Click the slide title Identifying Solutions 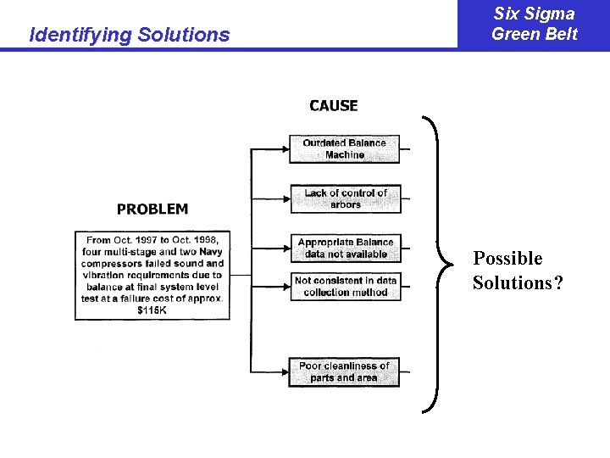click(129, 35)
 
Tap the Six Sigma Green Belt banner click(534, 24)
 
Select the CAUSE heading click(334, 106)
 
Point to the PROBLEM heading click(152, 209)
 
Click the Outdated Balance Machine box click(345, 149)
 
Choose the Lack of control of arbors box click(345, 198)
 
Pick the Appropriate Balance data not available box click(345, 249)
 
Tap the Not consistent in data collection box click(345, 287)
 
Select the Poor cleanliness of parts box click(344, 372)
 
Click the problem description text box click(152, 275)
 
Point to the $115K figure click(152, 310)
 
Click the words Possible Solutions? click(516, 271)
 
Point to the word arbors click(346, 204)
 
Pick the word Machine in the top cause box click(345, 155)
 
